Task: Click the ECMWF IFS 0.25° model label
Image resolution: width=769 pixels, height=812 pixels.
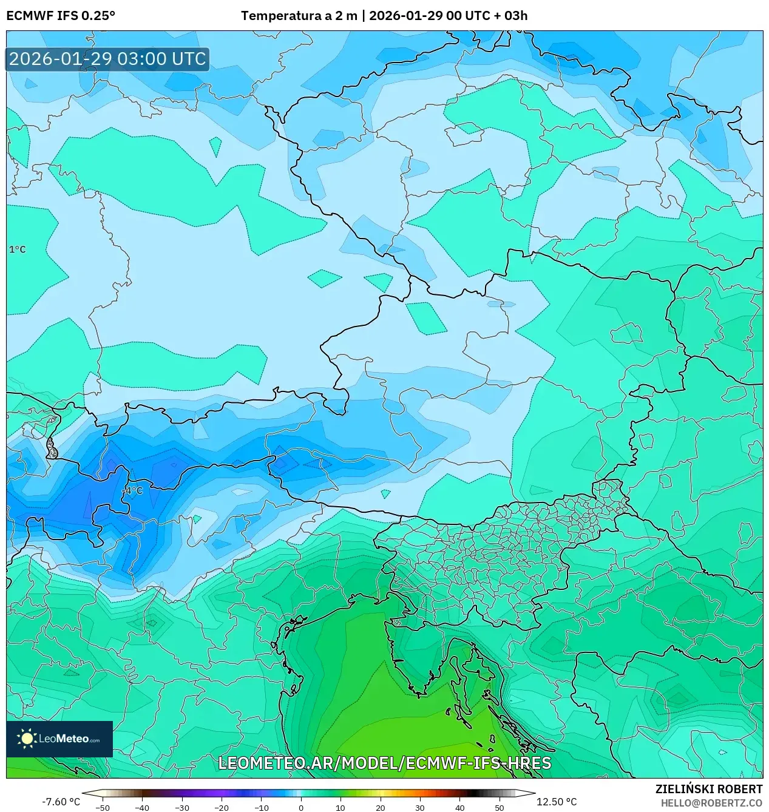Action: pos(61,16)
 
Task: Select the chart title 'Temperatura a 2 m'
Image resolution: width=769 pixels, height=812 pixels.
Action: pos(299,16)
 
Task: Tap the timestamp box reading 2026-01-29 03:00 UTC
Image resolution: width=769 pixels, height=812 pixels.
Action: pos(107,59)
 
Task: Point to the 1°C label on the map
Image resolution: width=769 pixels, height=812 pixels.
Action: pos(18,249)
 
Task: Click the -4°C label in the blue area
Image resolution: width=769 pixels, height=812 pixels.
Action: pos(133,490)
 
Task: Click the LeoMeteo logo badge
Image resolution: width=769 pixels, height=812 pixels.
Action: pos(59,739)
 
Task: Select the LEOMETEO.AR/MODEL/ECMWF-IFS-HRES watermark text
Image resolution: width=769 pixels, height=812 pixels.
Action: pos(384,763)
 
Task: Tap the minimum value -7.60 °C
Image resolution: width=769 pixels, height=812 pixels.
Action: pos(61,802)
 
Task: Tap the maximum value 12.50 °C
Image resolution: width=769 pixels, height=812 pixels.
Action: pos(557,802)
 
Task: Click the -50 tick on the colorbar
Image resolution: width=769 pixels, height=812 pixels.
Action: pos(103,807)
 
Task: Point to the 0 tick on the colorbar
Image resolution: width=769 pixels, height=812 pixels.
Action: pos(301,807)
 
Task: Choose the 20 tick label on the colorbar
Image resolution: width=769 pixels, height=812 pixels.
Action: pos(380,807)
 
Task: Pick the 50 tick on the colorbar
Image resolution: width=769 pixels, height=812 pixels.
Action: pos(499,807)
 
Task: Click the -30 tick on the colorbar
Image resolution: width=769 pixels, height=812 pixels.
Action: pos(182,807)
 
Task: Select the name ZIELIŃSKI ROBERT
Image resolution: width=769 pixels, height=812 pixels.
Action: pos(708,789)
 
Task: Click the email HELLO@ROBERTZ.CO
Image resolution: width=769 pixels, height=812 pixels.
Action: pos(711,803)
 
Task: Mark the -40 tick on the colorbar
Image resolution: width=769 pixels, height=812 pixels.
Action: pos(142,807)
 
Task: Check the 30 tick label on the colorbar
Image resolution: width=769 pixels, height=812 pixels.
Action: pos(420,807)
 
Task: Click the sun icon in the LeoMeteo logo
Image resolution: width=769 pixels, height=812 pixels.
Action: pos(27,739)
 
